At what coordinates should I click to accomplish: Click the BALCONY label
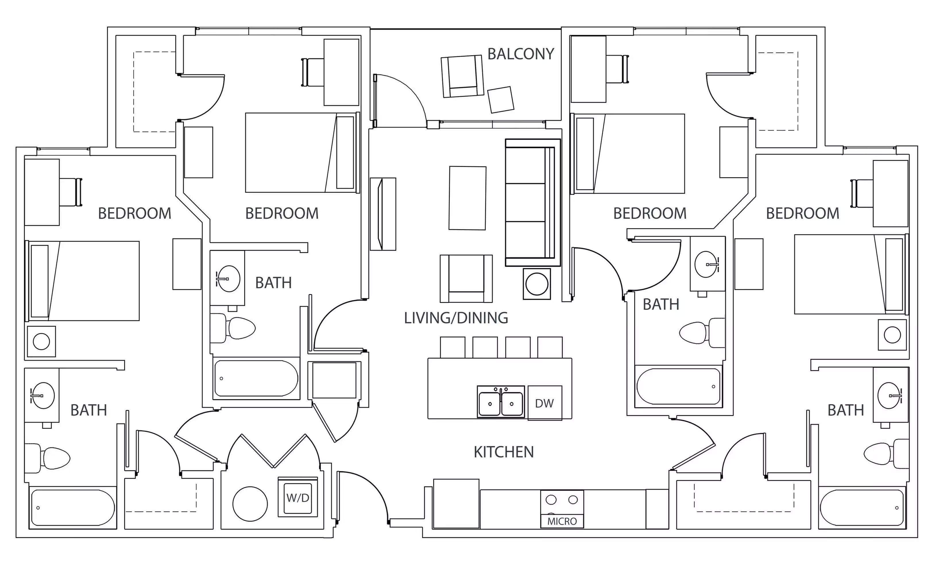[x=521, y=54]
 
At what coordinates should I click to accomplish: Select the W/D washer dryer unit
[x=298, y=498]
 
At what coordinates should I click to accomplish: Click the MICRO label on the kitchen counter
[x=562, y=521]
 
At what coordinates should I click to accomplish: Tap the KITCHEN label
[x=503, y=452]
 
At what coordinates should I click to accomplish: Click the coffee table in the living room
[x=467, y=198]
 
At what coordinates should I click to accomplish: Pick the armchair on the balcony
[x=462, y=76]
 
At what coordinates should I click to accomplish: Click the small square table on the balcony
[x=501, y=99]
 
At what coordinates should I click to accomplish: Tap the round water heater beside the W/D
[x=250, y=504]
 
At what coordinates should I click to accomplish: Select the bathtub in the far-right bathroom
[x=862, y=507]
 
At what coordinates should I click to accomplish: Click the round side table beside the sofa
[x=537, y=284]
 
